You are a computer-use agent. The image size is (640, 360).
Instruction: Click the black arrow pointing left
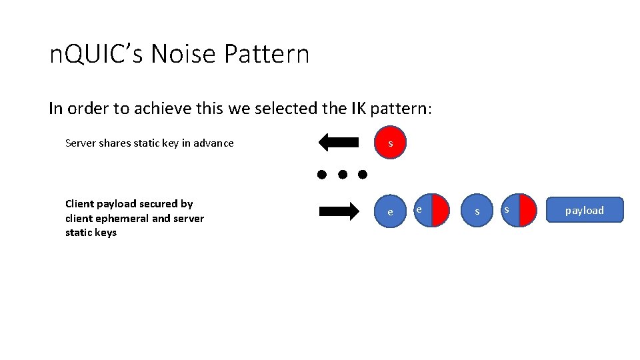339,142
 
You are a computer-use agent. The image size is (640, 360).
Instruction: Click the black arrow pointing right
339,212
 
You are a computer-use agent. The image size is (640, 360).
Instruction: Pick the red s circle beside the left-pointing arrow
390,143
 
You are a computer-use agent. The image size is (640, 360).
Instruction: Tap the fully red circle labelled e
390,212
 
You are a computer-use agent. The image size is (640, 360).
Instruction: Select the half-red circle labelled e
431,210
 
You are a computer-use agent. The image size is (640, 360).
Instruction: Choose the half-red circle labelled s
519,210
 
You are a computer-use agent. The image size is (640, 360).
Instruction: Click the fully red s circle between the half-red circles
477,211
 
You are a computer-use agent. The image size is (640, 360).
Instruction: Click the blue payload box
584,210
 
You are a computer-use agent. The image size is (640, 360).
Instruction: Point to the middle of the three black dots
342,175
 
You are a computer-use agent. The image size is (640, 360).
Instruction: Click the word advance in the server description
214,143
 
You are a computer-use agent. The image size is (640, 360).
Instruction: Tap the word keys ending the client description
105,233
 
